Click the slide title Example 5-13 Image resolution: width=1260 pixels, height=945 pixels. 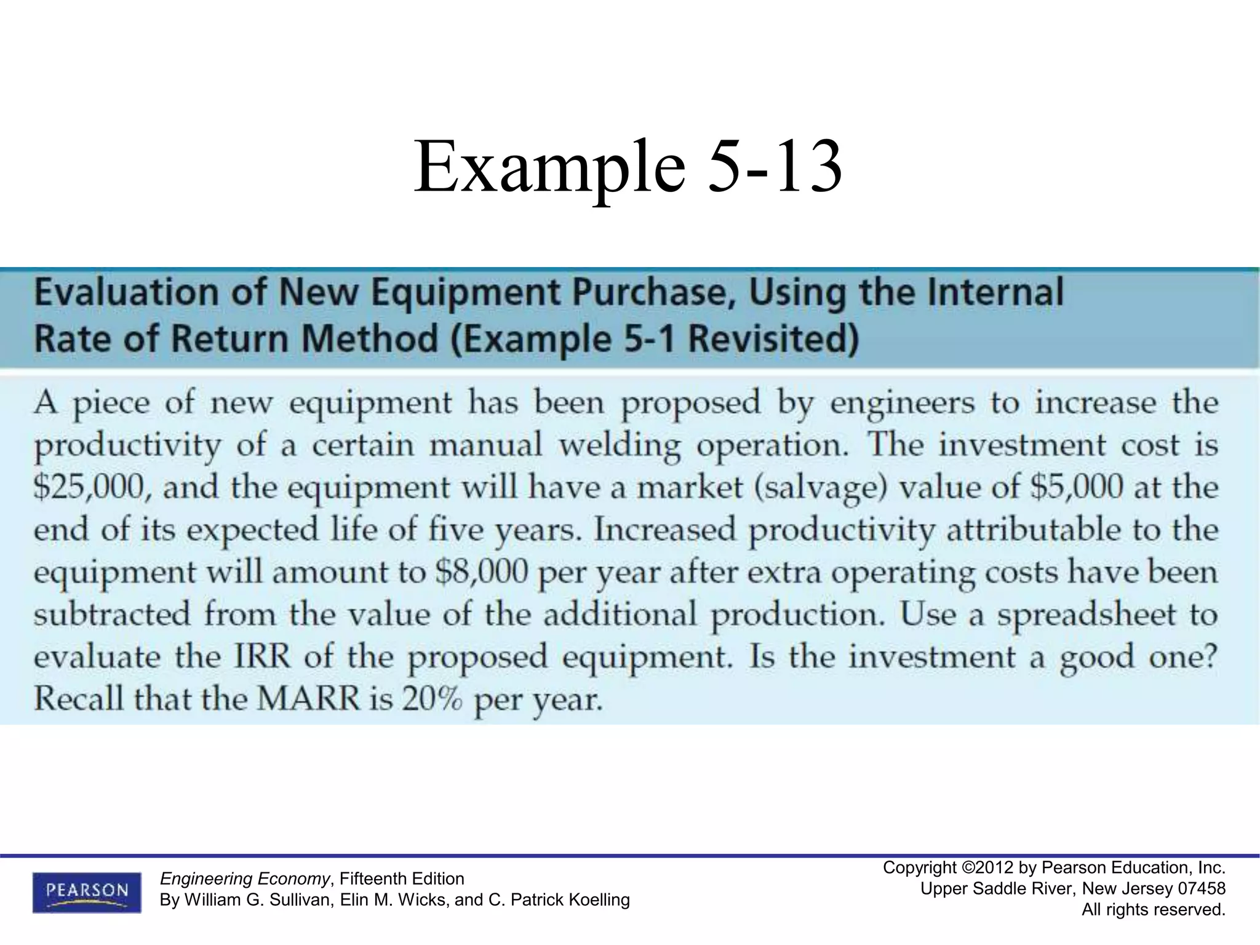click(628, 167)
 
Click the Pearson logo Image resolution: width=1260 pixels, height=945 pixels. click(87, 891)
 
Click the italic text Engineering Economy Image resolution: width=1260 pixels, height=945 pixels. click(245, 878)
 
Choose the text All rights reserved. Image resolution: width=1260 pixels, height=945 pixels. click(1154, 910)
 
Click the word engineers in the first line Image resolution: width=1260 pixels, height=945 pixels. click(903, 404)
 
